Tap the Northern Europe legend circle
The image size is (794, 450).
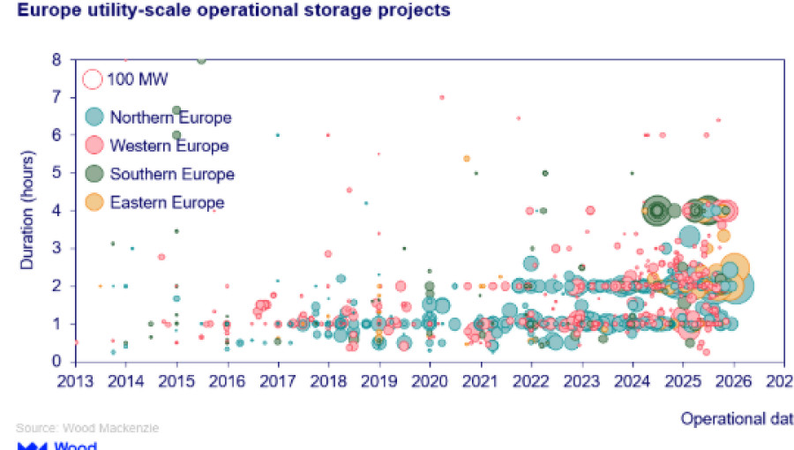pos(94,117)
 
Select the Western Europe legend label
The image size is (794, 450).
pos(169,146)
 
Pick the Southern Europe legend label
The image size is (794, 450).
pos(172,174)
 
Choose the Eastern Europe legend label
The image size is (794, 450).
pos(167,202)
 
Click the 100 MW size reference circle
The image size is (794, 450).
pos(94,79)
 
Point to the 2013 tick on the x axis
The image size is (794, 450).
pos(75,381)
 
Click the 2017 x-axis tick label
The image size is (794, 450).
pos(277,381)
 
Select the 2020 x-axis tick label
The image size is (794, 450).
pos(429,381)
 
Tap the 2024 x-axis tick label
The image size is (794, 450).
pos(632,381)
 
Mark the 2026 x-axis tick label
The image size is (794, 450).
pos(733,381)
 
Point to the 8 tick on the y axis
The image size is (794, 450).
pos(56,60)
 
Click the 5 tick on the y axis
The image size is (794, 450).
pos(56,173)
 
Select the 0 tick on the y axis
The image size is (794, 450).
pos(56,361)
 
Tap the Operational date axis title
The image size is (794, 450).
pos(737,420)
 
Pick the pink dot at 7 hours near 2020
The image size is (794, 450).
pos(441,97)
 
